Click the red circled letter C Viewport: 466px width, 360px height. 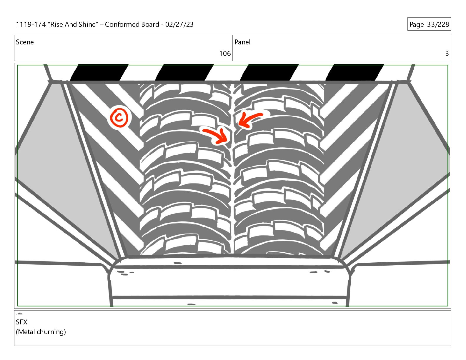119,117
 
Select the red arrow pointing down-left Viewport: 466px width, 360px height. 249,119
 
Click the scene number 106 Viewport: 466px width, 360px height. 225,54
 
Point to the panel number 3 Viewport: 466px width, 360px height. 447,54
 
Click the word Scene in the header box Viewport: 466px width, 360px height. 25,42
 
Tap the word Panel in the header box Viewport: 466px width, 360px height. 242,42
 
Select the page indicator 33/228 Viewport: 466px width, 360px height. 438,24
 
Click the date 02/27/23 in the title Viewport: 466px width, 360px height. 179,24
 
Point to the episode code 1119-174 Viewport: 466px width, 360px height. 31,24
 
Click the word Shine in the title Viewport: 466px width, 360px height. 87,24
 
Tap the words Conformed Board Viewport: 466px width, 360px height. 132,24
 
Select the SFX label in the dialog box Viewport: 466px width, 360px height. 21,322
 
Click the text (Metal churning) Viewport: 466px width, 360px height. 41,332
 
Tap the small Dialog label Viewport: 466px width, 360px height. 19,314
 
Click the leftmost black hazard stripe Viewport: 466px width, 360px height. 99,72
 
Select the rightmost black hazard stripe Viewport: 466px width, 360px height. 355,72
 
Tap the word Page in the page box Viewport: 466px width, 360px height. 417,24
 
